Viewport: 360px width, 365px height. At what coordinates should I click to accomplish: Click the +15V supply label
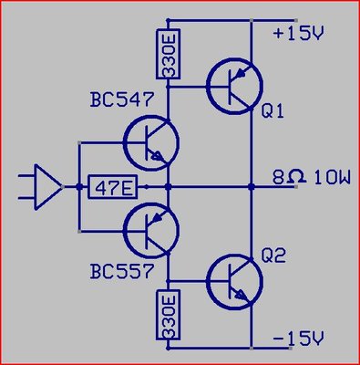[x=298, y=34]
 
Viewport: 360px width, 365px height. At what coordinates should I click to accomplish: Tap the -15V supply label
[x=298, y=339]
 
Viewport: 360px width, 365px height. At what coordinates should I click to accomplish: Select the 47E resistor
[x=112, y=187]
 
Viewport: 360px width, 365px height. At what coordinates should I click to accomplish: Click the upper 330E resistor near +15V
[x=169, y=54]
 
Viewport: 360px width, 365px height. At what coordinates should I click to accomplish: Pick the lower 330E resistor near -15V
[x=169, y=315]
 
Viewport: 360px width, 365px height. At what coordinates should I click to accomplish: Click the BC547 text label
[x=121, y=99]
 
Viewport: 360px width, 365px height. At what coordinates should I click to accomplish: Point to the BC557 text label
[x=121, y=271]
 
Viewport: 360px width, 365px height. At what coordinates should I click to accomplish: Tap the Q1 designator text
[x=273, y=111]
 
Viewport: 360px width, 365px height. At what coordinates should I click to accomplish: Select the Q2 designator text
[x=273, y=256]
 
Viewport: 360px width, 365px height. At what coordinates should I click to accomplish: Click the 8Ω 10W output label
[x=312, y=178]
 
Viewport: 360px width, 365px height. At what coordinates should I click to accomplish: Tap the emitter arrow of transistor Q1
[x=242, y=72]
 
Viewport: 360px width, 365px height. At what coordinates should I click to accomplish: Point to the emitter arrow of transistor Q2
[x=242, y=294]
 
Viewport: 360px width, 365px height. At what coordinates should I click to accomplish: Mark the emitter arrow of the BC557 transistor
[x=158, y=217]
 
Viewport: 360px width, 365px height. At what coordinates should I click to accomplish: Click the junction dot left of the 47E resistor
[x=79, y=187]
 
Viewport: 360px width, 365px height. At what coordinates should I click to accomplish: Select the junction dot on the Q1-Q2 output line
[x=252, y=187]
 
